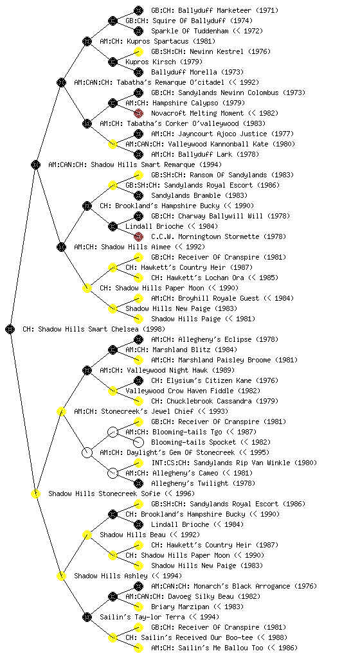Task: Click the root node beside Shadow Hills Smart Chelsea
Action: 10,329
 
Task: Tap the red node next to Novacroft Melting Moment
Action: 138,113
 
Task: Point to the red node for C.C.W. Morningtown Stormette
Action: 138,236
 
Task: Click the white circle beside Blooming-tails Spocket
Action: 138,442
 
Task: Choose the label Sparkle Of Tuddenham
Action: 190,31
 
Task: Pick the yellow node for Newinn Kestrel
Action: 138,51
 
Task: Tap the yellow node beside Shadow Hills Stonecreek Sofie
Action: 35,493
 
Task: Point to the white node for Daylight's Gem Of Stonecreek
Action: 87,452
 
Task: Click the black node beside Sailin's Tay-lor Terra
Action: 87,617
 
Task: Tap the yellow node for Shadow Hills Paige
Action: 138,319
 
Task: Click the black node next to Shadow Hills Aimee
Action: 61,247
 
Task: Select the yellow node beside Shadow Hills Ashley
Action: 61,576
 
